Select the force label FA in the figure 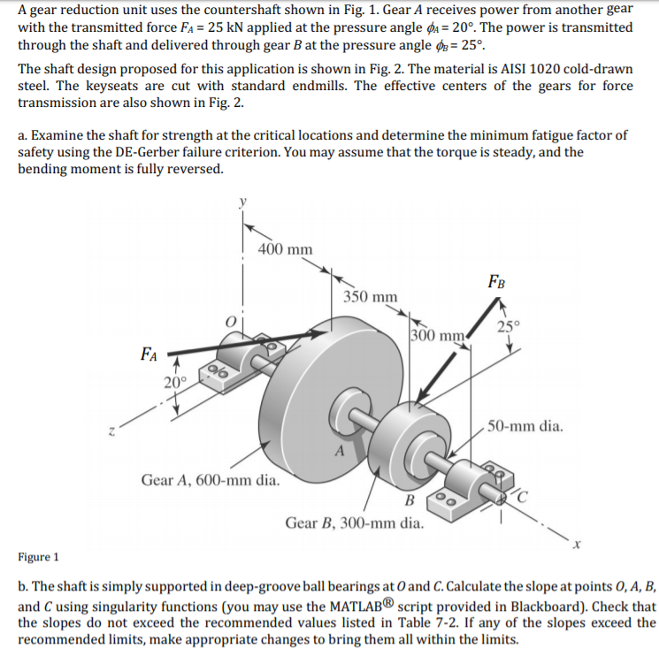pyautogui.click(x=149, y=355)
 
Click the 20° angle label pyautogui.click(x=175, y=382)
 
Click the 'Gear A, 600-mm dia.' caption pyautogui.click(x=211, y=481)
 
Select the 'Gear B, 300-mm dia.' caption pyautogui.click(x=354, y=522)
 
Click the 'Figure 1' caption pyautogui.click(x=38, y=557)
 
